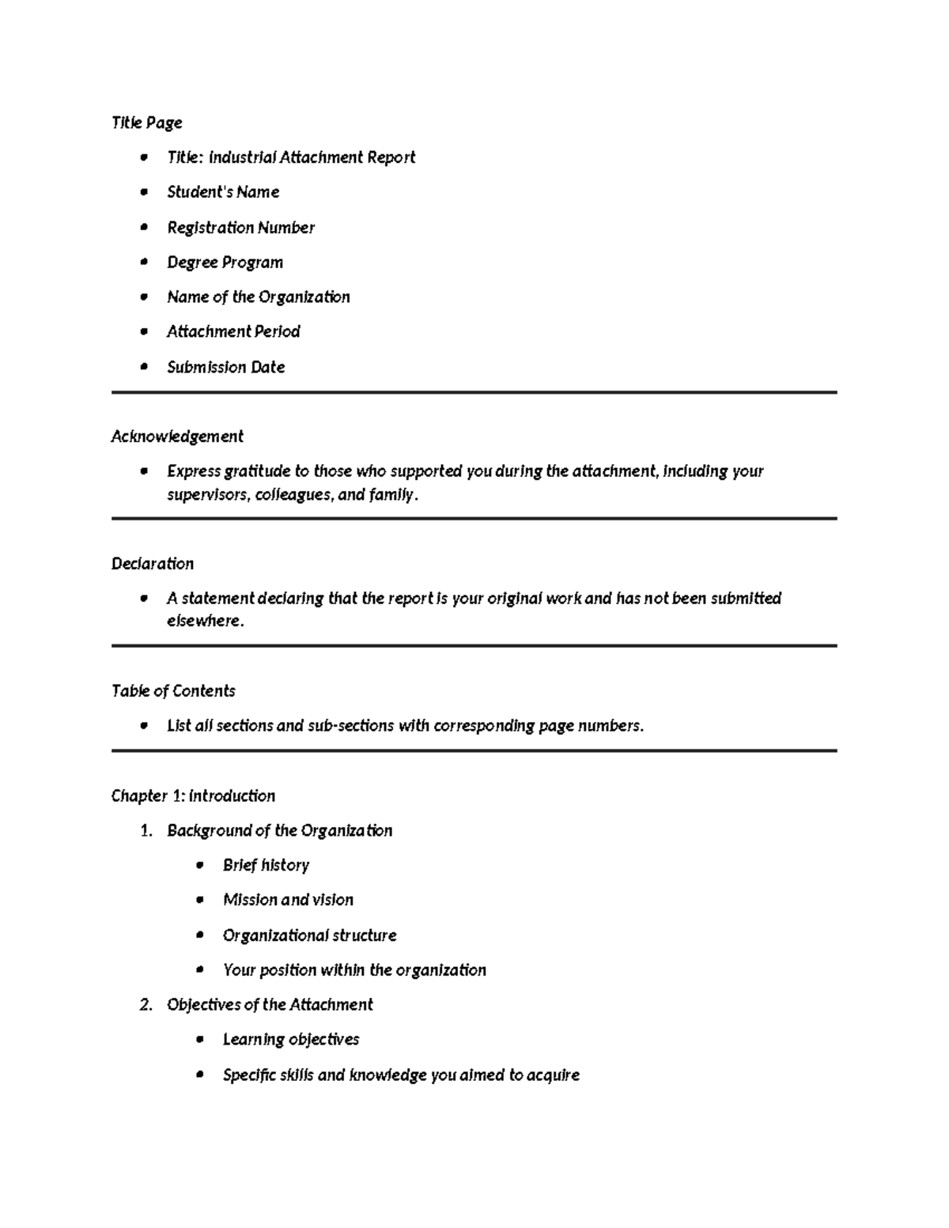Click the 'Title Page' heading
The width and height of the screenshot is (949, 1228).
click(x=146, y=123)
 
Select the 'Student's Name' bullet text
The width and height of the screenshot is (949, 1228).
click(x=223, y=192)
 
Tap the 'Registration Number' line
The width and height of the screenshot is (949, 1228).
click(x=240, y=228)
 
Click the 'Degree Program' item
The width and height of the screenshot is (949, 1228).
click(x=225, y=263)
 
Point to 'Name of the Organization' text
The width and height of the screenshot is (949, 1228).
click(x=258, y=297)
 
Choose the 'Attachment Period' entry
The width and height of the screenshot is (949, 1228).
click(x=233, y=332)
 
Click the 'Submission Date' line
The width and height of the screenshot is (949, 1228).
click(x=225, y=367)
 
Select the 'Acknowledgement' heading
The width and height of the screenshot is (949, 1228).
click(x=177, y=436)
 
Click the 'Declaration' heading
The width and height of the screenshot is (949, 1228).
click(x=152, y=564)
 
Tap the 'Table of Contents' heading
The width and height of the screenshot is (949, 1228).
click(x=173, y=691)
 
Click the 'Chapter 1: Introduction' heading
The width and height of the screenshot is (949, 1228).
click(x=193, y=796)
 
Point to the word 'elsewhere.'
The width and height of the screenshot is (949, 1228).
click(x=205, y=622)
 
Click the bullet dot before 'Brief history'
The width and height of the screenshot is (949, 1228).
click(x=199, y=865)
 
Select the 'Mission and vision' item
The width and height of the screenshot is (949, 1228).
click(x=288, y=900)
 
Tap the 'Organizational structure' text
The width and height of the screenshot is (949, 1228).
click(x=309, y=935)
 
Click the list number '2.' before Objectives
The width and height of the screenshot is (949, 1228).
click(x=146, y=1005)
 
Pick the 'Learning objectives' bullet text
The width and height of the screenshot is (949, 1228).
click(x=290, y=1040)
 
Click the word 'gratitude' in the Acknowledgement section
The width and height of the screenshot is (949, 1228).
click(x=258, y=471)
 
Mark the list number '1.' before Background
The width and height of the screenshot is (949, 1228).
click(x=146, y=831)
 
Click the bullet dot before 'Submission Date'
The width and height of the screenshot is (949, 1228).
click(x=143, y=367)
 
